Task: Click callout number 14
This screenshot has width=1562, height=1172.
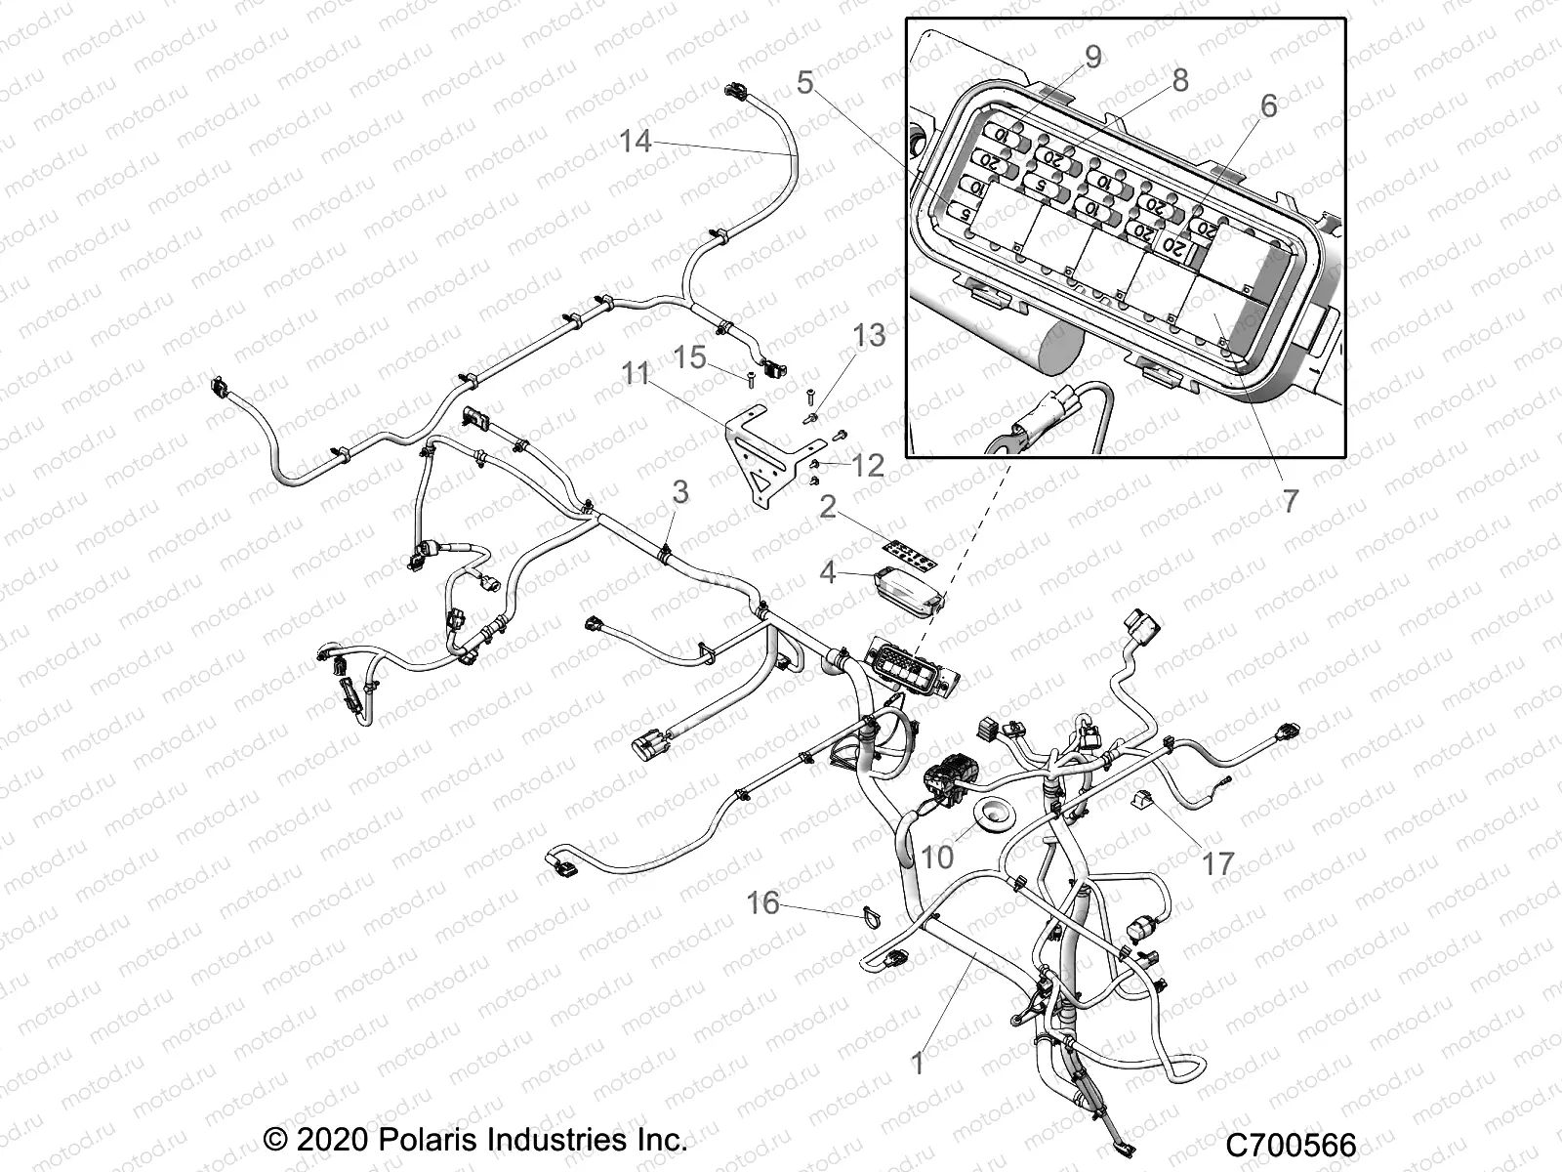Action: pyautogui.click(x=635, y=142)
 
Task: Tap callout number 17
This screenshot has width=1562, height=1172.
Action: pyautogui.click(x=1217, y=863)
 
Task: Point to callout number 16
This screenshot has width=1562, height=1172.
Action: pyautogui.click(x=763, y=902)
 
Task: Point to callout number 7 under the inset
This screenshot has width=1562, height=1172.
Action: pyautogui.click(x=1290, y=501)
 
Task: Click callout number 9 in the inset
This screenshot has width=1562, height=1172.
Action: pyautogui.click(x=1092, y=57)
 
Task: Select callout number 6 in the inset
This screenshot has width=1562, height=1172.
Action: pyautogui.click(x=1267, y=105)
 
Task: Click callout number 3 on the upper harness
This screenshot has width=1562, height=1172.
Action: pyautogui.click(x=679, y=491)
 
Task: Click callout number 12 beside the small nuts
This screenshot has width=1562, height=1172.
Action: pyautogui.click(x=866, y=465)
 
